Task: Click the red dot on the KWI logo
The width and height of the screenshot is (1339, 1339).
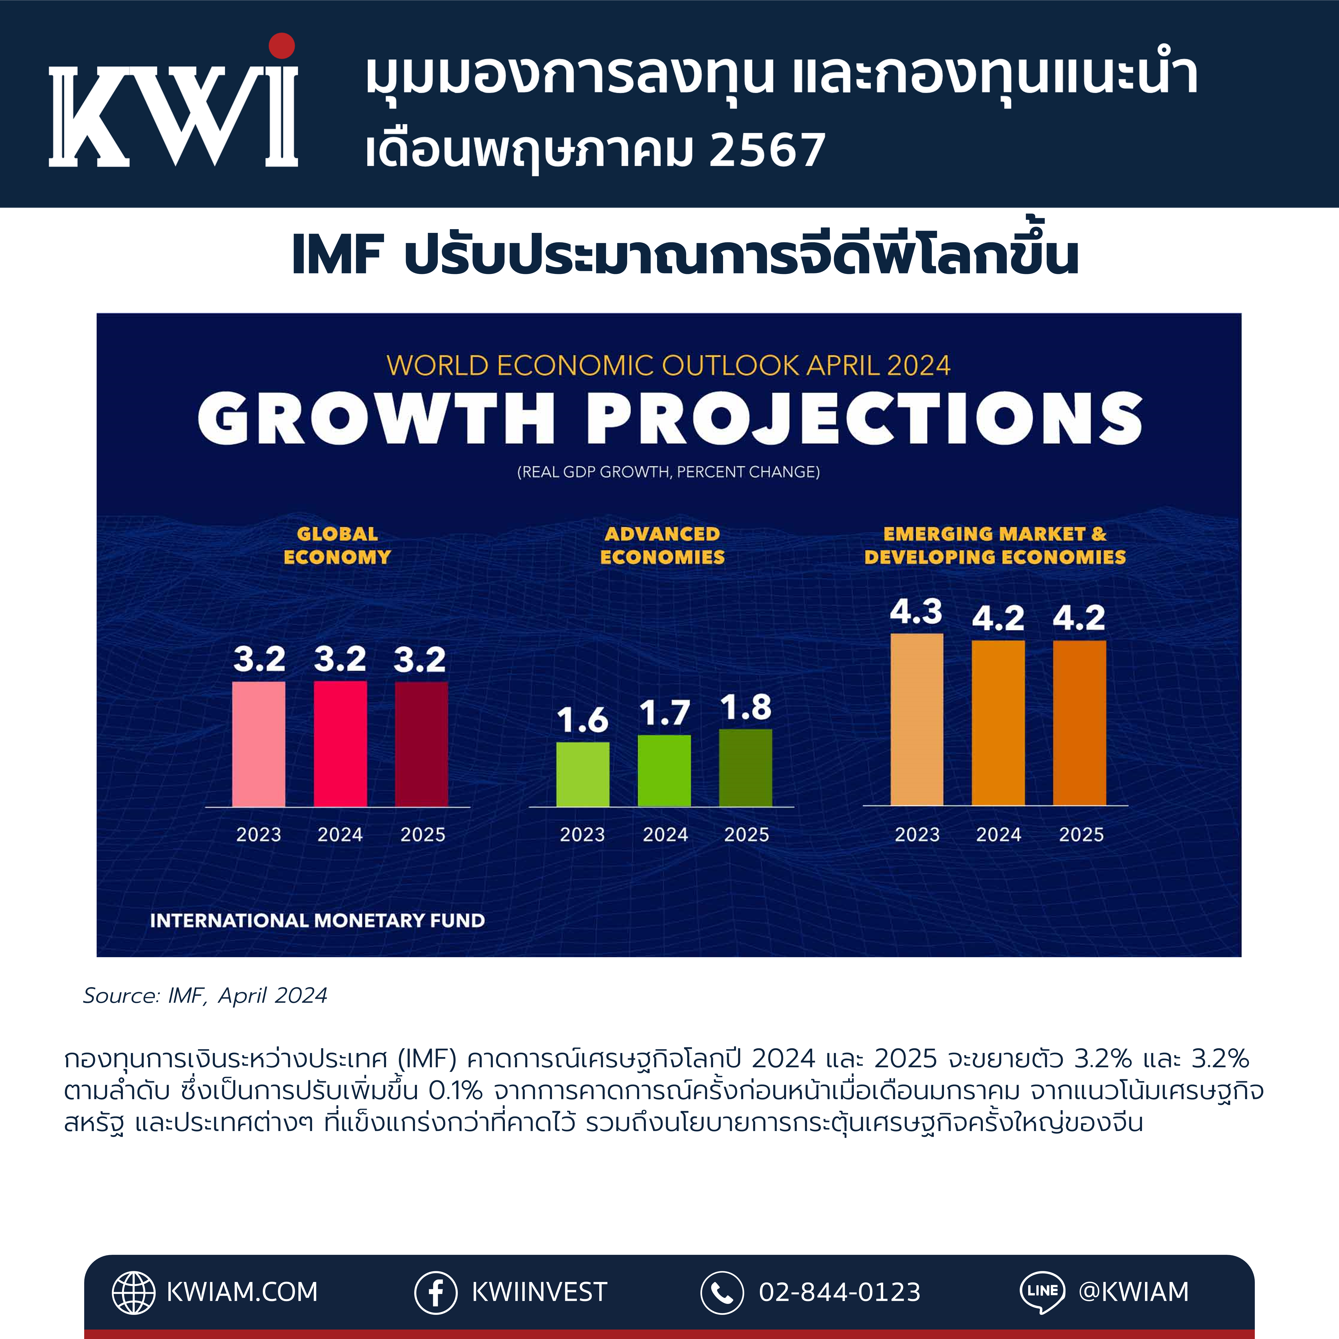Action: (282, 46)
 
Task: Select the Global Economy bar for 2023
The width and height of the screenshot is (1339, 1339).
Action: (259, 744)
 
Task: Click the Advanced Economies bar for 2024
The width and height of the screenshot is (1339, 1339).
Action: (664, 771)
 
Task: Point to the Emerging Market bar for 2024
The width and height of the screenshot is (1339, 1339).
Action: (998, 723)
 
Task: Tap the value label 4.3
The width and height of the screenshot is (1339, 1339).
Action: (916, 611)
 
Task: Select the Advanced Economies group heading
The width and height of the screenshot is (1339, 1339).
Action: (663, 545)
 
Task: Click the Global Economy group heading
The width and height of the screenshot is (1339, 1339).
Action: (337, 545)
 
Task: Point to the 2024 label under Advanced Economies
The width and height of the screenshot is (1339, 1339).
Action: (665, 834)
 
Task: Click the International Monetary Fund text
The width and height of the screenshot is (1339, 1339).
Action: (317, 920)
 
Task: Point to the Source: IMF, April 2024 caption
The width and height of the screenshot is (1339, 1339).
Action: (205, 995)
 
